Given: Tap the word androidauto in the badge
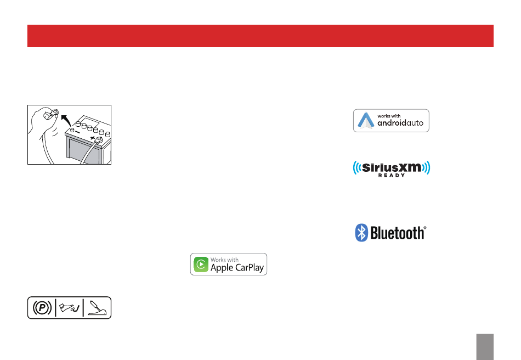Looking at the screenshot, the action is [x=400, y=123].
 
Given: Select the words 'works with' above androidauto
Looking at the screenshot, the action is [x=388, y=115].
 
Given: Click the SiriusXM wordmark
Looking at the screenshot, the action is [x=392, y=167].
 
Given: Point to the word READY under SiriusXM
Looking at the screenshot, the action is [x=392, y=175].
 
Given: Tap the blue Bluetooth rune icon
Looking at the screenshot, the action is [x=361, y=232].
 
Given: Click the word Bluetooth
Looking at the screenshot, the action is [x=398, y=233].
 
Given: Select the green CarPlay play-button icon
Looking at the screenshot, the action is [x=201, y=264].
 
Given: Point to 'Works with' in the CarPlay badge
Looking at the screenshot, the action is [x=225, y=260].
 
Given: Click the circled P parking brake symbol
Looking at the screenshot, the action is [x=42, y=308].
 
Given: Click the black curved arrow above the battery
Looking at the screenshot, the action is [x=66, y=120].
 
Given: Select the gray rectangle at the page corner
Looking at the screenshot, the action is [x=485, y=347].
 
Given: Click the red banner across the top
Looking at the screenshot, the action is [x=260, y=36].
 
